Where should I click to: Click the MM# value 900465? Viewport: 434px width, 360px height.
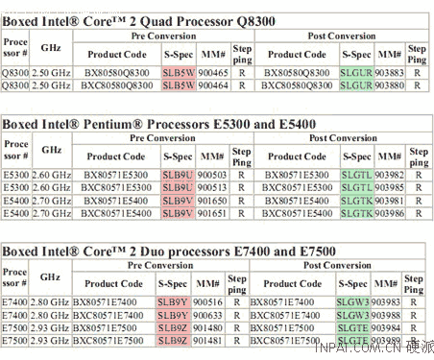coord(213,72)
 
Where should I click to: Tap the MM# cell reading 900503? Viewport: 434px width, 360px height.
coord(213,175)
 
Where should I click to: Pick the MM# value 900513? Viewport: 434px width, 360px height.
coord(213,187)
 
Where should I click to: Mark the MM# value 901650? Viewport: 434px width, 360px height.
coord(213,199)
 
